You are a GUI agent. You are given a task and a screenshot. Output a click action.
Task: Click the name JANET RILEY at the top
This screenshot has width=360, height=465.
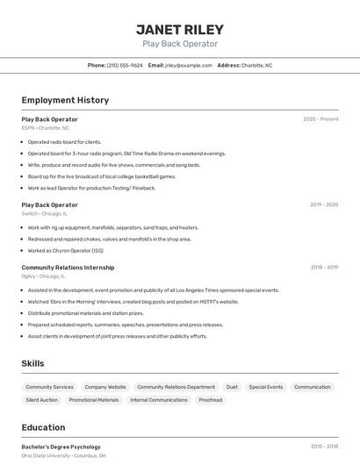(x=180, y=29)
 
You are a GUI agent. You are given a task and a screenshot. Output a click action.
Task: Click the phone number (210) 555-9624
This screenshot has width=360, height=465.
(x=125, y=65)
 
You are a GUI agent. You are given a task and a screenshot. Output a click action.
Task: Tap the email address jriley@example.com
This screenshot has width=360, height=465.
(x=189, y=65)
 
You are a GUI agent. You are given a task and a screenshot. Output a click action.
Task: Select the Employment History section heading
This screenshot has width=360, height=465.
(x=65, y=100)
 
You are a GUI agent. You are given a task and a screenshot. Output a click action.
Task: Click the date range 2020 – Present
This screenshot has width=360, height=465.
(x=320, y=118)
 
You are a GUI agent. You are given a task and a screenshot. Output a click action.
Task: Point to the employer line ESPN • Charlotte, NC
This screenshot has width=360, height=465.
(x=46, y=128)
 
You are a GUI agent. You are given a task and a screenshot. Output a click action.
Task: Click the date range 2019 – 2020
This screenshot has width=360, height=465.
(x=324, y=204)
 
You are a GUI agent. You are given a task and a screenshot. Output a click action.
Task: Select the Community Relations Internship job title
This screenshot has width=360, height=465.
(x=68, y=267)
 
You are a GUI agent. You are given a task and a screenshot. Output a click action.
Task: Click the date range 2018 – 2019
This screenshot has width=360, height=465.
(x=324, y=267)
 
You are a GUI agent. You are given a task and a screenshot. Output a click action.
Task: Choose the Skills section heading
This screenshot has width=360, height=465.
(x=32, y=363)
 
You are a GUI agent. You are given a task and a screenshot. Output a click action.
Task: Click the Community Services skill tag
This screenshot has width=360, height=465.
(x=49, y=387)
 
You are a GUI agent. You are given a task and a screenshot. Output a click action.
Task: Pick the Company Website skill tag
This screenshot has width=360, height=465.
(x=105, y=387)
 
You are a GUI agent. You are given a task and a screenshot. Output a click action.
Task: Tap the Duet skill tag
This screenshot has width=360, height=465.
(x=232, y=387)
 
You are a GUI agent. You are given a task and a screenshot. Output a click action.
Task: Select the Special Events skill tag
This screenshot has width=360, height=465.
(x=266, y=387)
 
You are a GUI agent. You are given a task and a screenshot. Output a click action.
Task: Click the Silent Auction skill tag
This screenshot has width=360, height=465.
(x=41, y=400)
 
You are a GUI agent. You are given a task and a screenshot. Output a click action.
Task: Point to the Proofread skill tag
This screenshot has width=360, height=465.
(x=211, y=400)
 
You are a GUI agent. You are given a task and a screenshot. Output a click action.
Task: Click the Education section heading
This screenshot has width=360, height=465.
(x=43, y=428)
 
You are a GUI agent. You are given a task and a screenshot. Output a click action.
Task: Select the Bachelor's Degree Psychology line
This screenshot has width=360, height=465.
(x=61, y=447)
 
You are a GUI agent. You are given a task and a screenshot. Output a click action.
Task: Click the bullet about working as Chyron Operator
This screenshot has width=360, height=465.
(x=65, y=250)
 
